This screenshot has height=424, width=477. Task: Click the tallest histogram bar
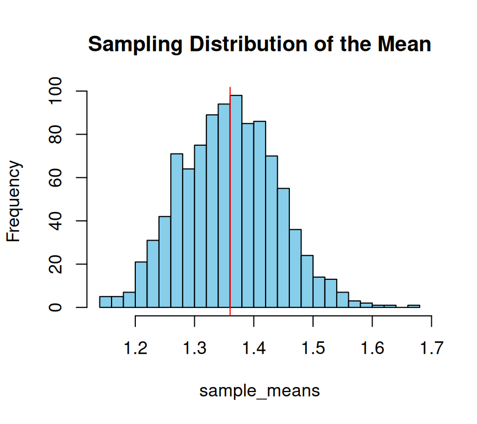pos(236,202)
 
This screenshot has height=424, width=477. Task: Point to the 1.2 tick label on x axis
pos(136,349)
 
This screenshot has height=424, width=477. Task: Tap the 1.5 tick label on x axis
pos(312,349)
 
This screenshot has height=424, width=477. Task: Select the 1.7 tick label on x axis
pos(431,349)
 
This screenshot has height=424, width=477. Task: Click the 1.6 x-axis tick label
pos(372,349)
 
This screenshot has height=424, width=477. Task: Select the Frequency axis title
pos(14,202)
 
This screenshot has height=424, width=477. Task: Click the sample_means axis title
pos(259,391)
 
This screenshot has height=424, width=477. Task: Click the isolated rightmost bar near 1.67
pos(414,306)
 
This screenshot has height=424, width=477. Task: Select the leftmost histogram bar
pos(105,301)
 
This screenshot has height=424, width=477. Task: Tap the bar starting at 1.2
pos(141,284)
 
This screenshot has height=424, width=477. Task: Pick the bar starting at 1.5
pos(319,292)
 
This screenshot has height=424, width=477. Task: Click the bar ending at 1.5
pos(307,281)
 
